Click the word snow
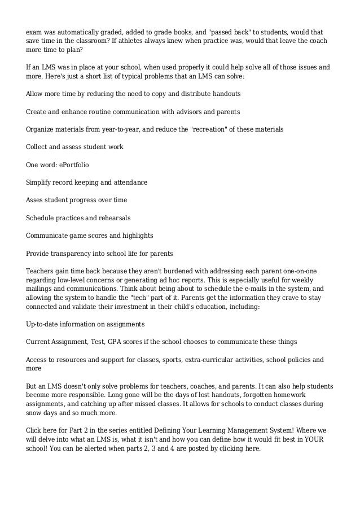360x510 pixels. [x=35, y=413]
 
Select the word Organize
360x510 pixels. [x=41, y=129]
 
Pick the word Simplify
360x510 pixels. [x=40, y=182]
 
